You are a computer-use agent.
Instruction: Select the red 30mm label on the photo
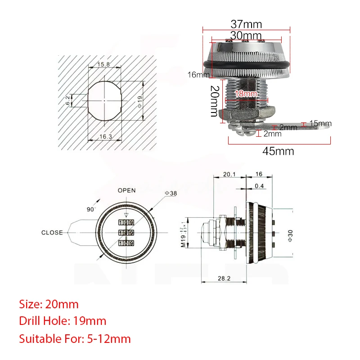point(246,35)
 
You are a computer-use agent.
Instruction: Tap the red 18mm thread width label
point(246,94)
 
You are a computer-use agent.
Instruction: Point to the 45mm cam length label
point(278,151)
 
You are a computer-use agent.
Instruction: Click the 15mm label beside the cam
point(320,123)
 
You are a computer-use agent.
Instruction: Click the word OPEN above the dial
point(126,190)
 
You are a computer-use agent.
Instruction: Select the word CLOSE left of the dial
point(52,233)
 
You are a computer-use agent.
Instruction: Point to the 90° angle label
point(92,209)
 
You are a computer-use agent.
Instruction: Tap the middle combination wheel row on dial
point(126,233)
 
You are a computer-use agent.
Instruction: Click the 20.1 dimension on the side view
point(229,174)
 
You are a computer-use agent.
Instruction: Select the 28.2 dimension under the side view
point(224,279)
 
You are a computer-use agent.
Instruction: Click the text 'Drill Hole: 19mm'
point(63,321)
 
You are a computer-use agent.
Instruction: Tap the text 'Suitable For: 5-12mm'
point(75,338)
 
